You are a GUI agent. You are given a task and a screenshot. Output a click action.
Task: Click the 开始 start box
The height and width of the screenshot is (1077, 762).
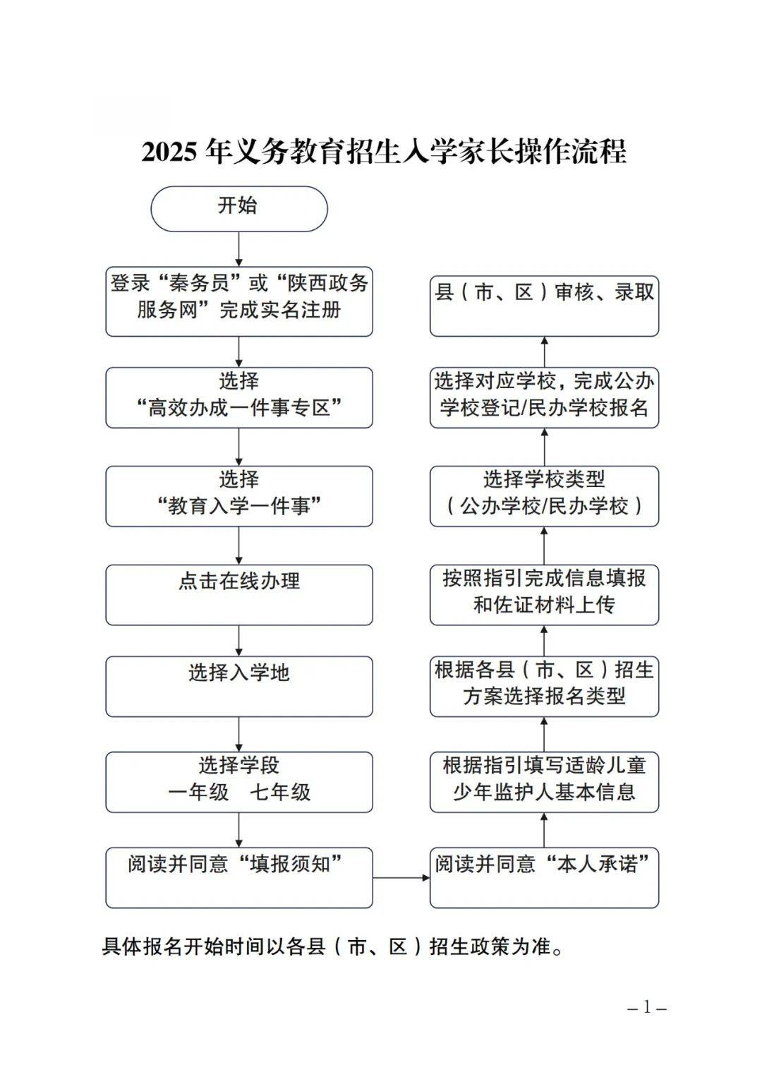pyautogui.click(x=239, y=209)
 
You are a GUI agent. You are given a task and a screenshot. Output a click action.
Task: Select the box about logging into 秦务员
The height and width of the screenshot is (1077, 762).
pyautogui.click(x=239, y=301)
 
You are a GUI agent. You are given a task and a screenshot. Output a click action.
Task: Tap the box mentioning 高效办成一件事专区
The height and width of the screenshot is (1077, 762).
pyautogui.click(x=239, y=397)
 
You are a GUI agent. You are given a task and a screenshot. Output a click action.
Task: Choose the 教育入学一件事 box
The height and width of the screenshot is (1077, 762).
pyautogui.click(x=239, y=496)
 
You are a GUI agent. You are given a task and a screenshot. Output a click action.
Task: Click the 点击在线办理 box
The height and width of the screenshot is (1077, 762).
pyautogui.click(x=239, y=595)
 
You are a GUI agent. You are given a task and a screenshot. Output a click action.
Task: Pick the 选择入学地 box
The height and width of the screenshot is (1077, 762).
pyautogui.click(x=239, y=687)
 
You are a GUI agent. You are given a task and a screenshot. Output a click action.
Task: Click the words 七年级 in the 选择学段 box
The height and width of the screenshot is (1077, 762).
pyautogui.click(x=280, y=792)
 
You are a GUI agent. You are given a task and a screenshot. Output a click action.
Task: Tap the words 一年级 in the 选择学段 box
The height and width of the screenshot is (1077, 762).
pyautogui.click(x=198, y=792)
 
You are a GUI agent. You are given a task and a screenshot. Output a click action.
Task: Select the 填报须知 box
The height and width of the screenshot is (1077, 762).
pyautogui.click(x=239, y=878)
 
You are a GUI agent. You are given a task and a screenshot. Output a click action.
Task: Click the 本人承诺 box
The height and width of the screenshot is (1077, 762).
pyautogui.click(x=544, y=878)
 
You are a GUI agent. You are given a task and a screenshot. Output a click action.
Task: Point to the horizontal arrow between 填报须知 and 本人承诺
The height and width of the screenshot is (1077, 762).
pyautogui.click(x=401, y=878)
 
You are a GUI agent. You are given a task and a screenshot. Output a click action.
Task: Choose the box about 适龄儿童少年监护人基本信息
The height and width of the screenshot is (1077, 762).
pyautogui.click(x=544, y=782)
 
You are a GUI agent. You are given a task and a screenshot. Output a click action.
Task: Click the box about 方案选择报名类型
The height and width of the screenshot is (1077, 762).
pyautogui.click(x=544, y=687)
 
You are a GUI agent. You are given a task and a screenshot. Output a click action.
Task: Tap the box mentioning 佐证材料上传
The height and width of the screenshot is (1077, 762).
pyautogui.click(x=544, y=595)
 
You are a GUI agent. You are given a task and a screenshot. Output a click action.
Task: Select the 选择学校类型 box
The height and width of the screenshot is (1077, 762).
pyautogui.click(x=544, y=496)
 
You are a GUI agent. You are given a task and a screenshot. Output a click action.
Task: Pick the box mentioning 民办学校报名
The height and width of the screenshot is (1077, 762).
pyautogui.click(x=544, y=397)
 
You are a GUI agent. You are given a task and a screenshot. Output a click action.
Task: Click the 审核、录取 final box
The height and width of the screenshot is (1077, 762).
pyautogui.click(x=544, y=306)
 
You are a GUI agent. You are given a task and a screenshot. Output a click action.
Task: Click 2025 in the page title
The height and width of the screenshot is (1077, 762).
pyautogui.click(x=169, y=152)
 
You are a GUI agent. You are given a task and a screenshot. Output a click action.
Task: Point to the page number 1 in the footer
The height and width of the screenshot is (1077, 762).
pyautogui.click(x=647, y=1006)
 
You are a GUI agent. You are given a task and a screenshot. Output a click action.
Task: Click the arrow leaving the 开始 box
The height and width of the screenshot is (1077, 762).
pyautogui.click(x=239, y=249)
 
